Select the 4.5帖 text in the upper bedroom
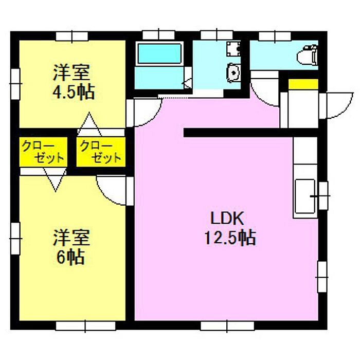coord(74,93)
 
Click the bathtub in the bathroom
coord(159,53)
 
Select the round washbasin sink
coord(234,74)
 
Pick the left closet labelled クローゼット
coord(44,152)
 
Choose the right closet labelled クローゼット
coord(100,152)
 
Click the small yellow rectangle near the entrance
coord(303,84)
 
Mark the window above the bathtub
coord(157,35)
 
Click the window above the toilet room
coord(275,35)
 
